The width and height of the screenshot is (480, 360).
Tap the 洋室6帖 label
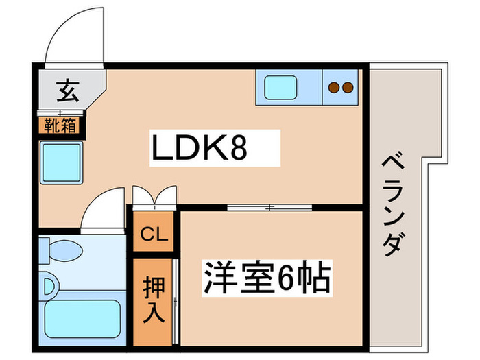(x=266, y=278)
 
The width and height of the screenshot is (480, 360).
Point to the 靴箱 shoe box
(x=61, y=125)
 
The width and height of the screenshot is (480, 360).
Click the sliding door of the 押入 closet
(x=176, y=302)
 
